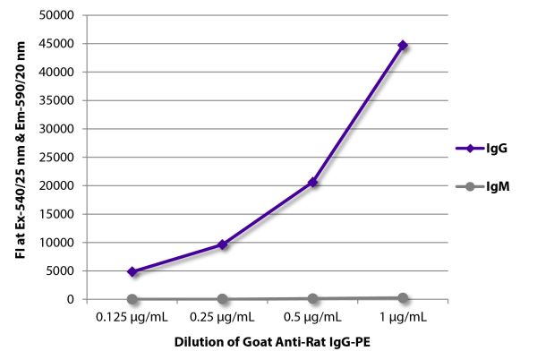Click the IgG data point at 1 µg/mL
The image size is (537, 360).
coord(403,45)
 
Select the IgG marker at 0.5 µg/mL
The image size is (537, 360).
coord(312,182)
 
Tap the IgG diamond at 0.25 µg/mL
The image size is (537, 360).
coord(222,244)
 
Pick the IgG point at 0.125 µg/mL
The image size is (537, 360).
coord(132,271)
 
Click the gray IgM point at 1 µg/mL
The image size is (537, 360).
coord(403,297)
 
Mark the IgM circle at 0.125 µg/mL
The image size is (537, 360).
coord(132,299)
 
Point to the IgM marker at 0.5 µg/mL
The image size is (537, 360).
coord(312,298)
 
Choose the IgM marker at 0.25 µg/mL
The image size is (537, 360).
coord(222,299)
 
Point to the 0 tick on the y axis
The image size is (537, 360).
coord(68,299)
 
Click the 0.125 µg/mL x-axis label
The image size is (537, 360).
coord(132,316)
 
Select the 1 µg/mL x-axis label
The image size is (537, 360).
coord(403,316)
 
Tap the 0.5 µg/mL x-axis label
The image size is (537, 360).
coord(312,316)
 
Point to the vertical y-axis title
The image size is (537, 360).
coord(21,157)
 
